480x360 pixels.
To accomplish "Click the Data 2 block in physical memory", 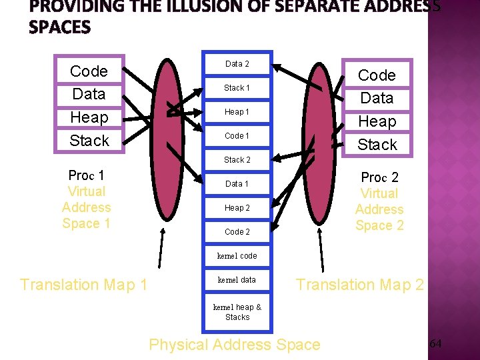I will click(237, 64).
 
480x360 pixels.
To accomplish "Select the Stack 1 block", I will click(237, 88).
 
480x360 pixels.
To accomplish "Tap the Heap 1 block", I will click(237, 112).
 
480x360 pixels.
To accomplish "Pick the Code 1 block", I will click(237, 136).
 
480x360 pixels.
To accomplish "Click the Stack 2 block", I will click(237, 160).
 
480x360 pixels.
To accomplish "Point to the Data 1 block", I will click(237, 184).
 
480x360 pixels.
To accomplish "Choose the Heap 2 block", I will click(237, 208).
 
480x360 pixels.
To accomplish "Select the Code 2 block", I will click(237, 232).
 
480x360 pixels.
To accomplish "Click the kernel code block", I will click(237, 256).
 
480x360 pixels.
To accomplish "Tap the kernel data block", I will click(237, 280).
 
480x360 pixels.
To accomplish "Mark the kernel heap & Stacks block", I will click(237, 312).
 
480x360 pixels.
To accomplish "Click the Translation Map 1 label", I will click(84, 285).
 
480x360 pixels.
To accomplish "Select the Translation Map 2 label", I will click(360, 285).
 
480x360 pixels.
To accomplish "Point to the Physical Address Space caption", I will click(235, 345).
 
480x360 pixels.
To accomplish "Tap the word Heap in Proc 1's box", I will click(89, 117).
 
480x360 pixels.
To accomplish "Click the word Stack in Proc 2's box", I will click(377, 145).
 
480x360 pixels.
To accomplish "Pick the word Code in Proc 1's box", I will click(89, 71).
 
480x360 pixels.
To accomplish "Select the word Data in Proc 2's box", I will click(377, 98).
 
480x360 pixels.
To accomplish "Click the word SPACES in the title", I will click(60, 27).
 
